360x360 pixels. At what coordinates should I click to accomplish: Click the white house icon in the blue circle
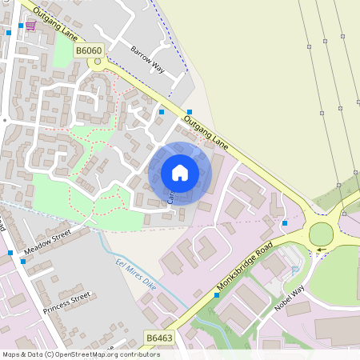[179, 172]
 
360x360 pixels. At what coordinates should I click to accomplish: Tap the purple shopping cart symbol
[30, 26]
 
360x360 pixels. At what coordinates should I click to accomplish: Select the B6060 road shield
[90, 50]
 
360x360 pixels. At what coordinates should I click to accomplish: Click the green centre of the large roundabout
[321, 234]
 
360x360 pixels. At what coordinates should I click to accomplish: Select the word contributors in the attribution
[137, 354]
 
